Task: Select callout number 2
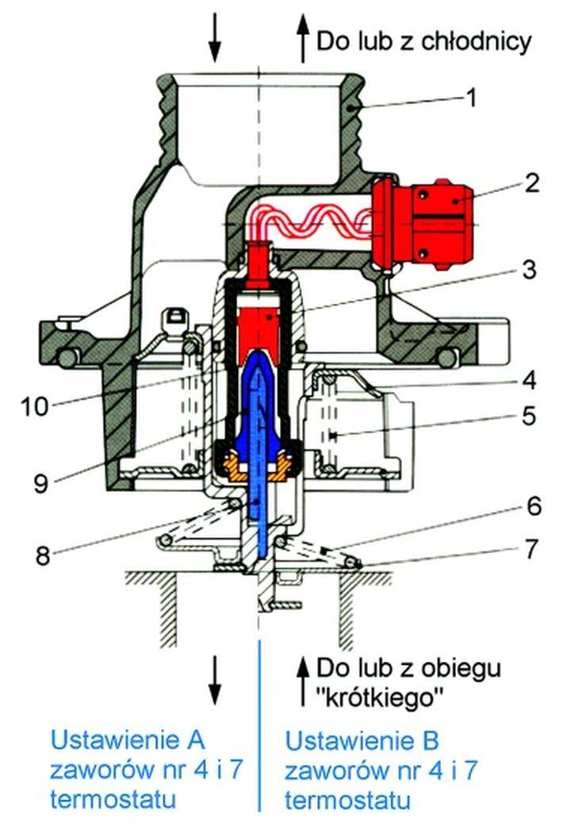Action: click(531, 183)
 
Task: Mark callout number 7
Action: click(530, 548)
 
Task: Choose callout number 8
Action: click(41, 555)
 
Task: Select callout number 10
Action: click(35, 406)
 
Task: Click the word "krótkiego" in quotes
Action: click(379, 697)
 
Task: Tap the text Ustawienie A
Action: click(128, 740)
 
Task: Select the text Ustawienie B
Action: click(362, 742)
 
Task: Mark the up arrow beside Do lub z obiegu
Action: click(302, 681)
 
